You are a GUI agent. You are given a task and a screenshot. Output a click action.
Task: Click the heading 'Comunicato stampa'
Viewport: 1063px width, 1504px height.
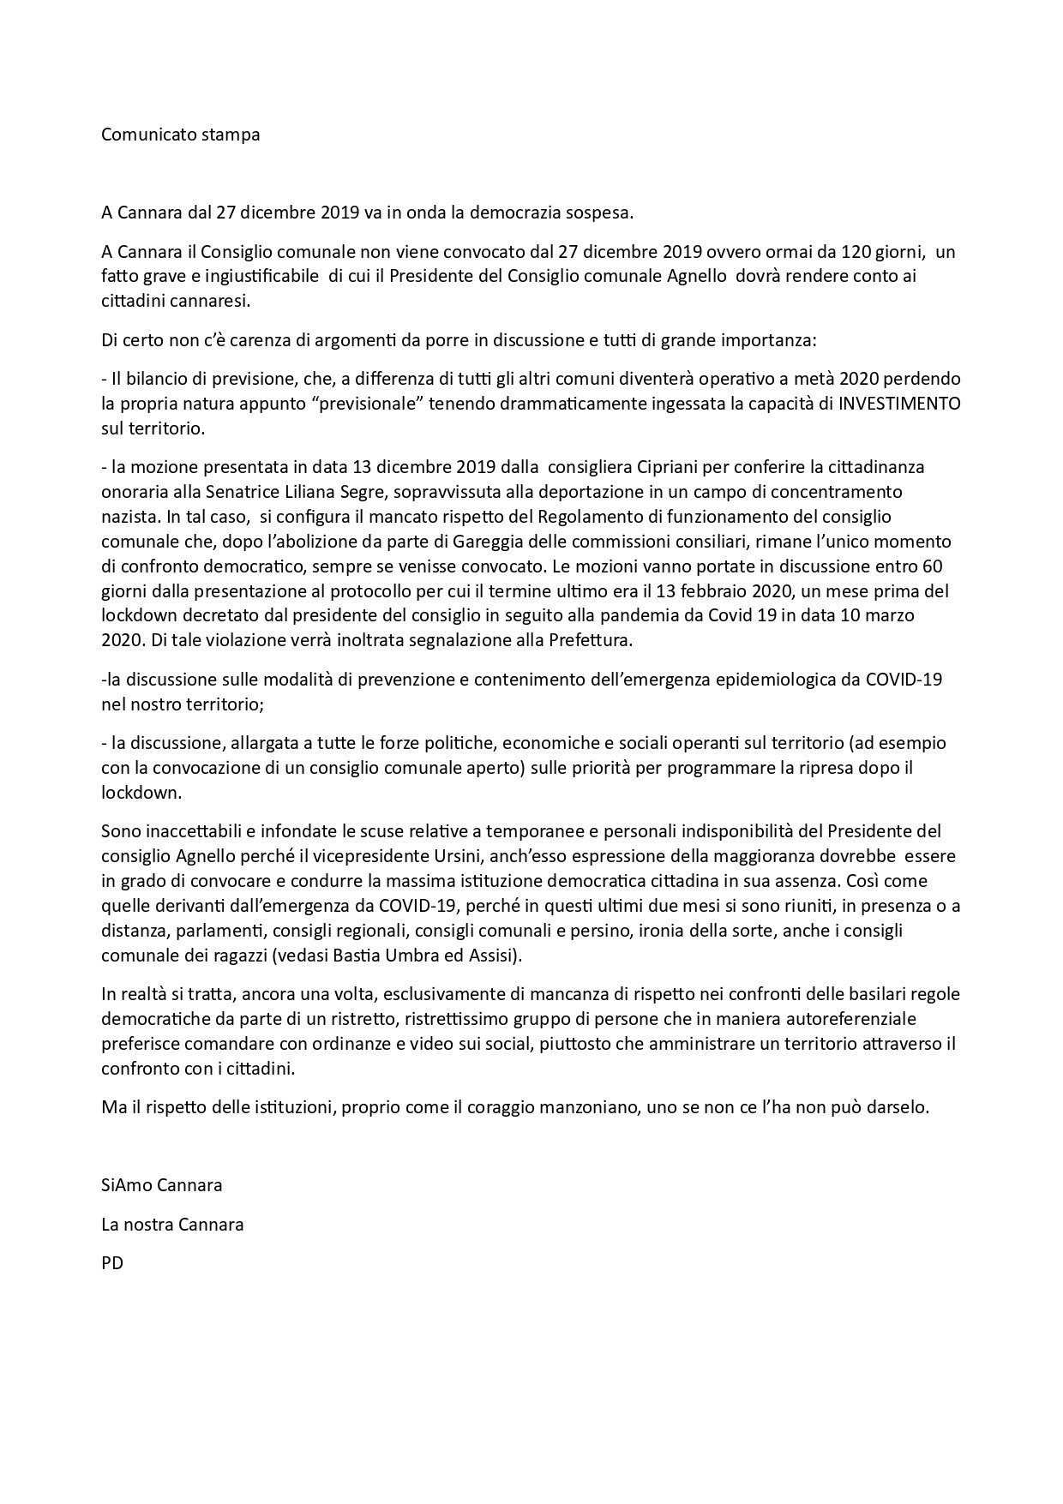180,135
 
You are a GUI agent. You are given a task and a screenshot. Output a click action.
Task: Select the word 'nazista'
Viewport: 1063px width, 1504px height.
129,517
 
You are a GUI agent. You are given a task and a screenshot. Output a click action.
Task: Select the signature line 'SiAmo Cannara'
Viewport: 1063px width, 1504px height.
162,1185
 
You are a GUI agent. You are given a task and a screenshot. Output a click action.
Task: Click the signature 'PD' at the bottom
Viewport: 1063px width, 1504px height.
112,1262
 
